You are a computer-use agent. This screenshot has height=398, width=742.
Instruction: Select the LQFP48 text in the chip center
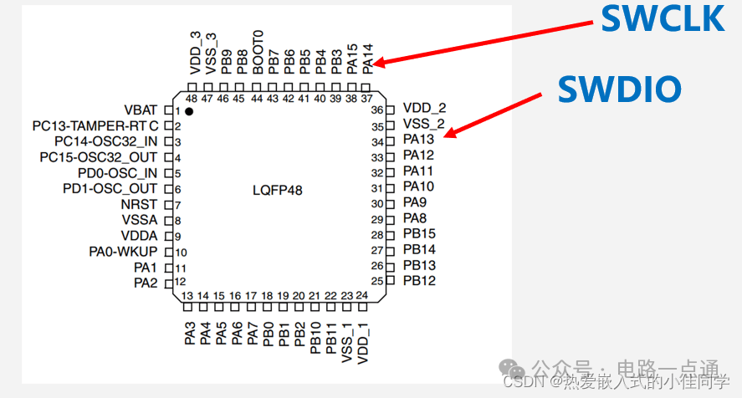(277, 191)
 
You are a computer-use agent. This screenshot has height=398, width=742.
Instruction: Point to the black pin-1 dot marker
(190, 110)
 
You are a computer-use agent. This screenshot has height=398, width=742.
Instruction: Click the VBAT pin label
(140, 110)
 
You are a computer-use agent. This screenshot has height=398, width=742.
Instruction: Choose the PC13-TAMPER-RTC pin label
(95, 126)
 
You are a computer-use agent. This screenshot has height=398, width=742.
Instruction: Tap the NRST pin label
(140, 204)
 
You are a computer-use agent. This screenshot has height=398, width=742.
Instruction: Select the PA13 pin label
(418, 140)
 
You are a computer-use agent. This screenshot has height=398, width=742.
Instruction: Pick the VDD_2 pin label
(424, 109)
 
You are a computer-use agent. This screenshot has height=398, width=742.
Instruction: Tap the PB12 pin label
(419, 281)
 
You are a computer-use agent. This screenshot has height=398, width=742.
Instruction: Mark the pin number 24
(361, 295)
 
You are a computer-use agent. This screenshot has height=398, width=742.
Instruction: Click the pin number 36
(377, 110)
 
